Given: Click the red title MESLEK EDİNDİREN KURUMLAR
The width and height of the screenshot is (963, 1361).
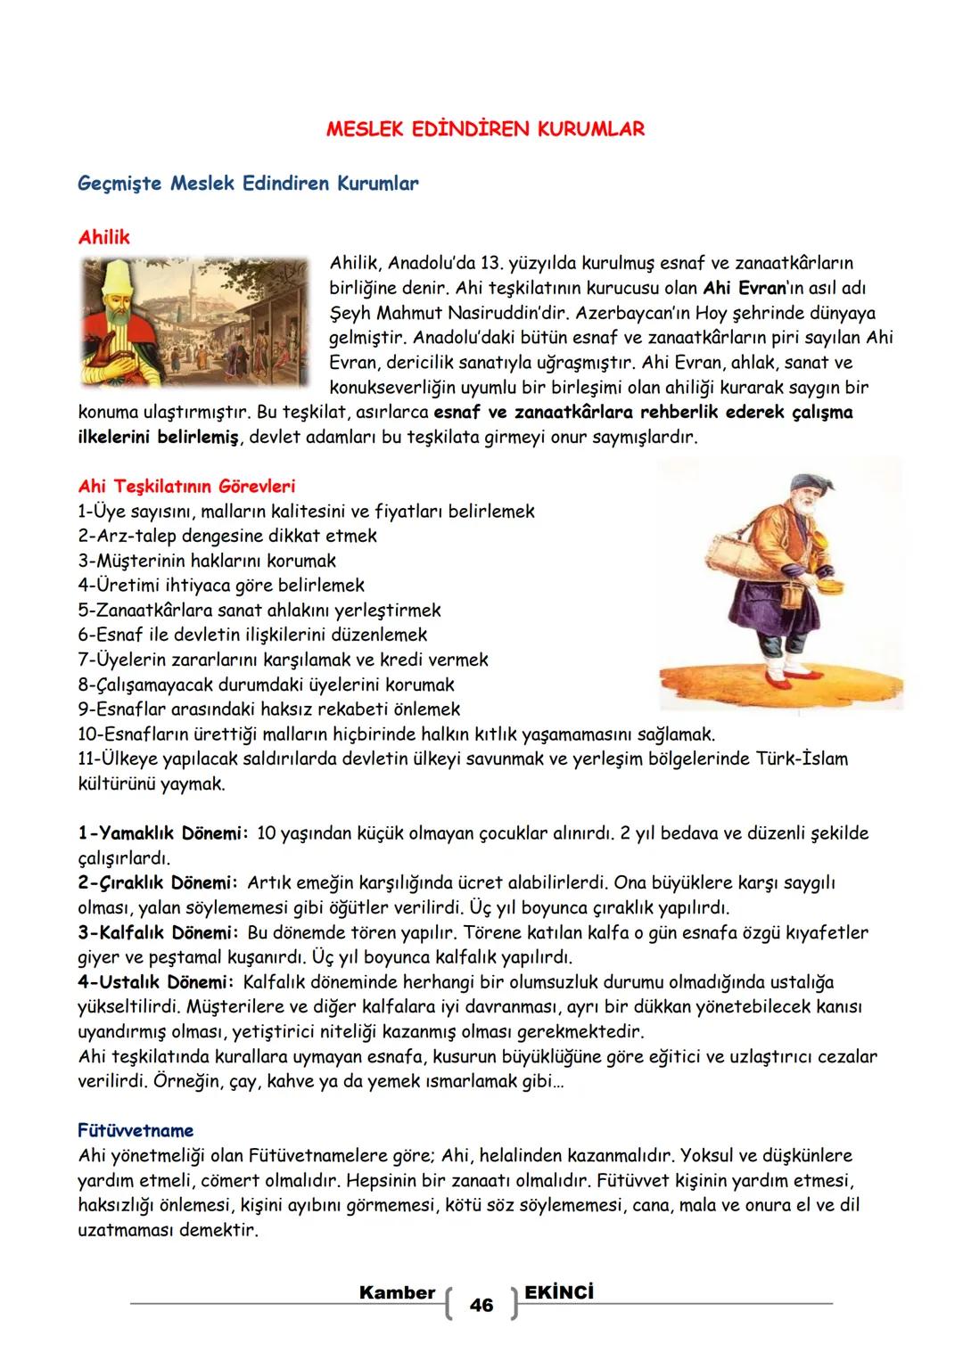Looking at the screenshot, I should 485,129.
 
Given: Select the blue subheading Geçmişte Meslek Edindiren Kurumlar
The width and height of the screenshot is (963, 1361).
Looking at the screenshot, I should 248,184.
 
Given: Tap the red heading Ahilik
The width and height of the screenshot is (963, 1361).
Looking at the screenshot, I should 103,237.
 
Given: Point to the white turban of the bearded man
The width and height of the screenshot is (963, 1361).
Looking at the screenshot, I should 116,280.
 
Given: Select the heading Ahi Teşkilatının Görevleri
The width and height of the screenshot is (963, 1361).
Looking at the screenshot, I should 186,486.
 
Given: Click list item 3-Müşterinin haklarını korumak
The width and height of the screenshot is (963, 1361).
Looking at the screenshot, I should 207,561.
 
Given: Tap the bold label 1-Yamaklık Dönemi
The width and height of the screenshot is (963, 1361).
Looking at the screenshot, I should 162,834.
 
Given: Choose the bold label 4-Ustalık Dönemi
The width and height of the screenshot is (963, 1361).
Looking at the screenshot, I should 155,982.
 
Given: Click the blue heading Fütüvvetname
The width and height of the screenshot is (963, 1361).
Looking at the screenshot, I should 136,1130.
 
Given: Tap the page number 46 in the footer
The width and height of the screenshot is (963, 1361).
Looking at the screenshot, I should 481,1305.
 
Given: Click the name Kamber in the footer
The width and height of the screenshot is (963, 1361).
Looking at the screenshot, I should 397,1292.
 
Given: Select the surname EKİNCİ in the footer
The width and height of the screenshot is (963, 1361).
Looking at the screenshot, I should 559,1292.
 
